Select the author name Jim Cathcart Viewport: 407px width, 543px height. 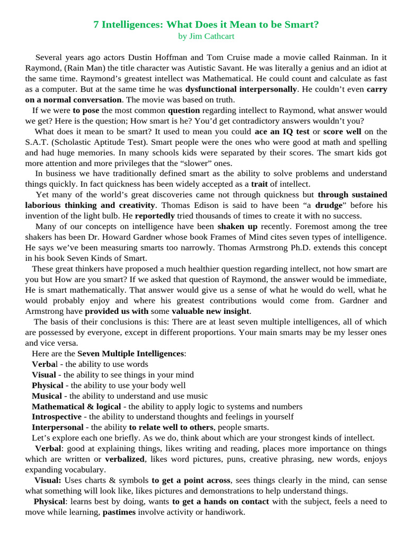206,36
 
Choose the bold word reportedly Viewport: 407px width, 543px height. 155,216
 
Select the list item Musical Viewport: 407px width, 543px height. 47,396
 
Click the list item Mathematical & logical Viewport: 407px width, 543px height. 76,407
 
